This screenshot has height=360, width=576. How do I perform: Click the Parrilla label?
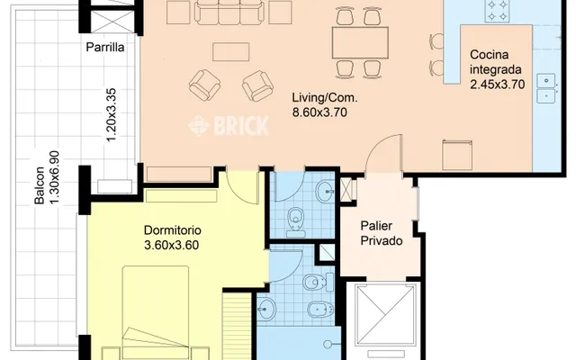tap(105, 47)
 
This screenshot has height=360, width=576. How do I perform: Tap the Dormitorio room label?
tap(172, 230)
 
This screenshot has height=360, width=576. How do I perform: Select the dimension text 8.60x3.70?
tap(319, 112)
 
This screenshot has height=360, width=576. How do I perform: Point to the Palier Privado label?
tap(382, 233)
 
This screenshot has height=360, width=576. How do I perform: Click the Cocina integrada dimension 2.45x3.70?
tap(498, 85)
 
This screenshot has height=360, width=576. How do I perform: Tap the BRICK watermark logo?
tap(229, 126)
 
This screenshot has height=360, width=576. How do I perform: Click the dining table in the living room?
tap(360, 42)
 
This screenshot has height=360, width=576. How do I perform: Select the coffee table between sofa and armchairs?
tap(230, 52)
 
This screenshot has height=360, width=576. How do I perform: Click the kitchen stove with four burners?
tap(497, 11)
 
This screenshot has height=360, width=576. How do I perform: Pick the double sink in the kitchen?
tap(546, 88)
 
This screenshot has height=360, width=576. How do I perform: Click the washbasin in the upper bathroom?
tap(326, 191)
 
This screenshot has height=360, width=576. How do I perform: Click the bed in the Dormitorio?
tap(156, 313)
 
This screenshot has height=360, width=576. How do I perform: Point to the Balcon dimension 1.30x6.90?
tap(47, 177)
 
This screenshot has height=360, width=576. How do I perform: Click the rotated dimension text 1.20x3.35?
tap(111, 114)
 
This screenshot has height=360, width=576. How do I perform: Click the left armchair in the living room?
tap(204, 85)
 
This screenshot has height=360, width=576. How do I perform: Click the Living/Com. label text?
tap(324, 98)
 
